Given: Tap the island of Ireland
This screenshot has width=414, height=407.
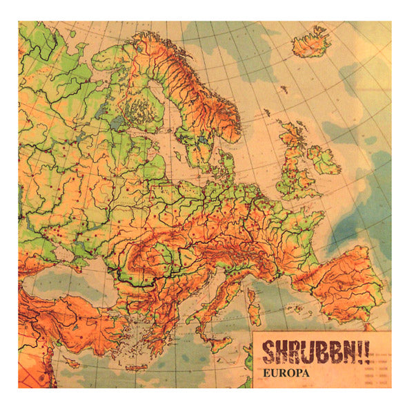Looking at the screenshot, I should [x=324, y=161].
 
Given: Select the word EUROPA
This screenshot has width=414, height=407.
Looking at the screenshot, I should [x=284, y=373].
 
